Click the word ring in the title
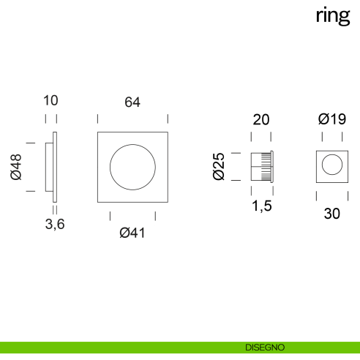tap(332, 16)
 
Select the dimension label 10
tap(50, 100)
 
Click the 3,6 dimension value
tap(55, 225)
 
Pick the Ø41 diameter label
tap(132, 233)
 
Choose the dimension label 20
tap(261, 120)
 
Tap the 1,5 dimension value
tap(261, 206)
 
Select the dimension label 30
tap(332, 214)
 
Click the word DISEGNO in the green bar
tap(265, 347)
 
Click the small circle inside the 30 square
tap(332, 166)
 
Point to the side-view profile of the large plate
tap(51, 167)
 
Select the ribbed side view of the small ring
tap(261, 166)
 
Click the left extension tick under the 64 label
tap(97, 119)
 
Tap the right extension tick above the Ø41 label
tap(155, 216)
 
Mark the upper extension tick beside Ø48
tap(30, 143)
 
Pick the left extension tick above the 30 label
tap(316, 195)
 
